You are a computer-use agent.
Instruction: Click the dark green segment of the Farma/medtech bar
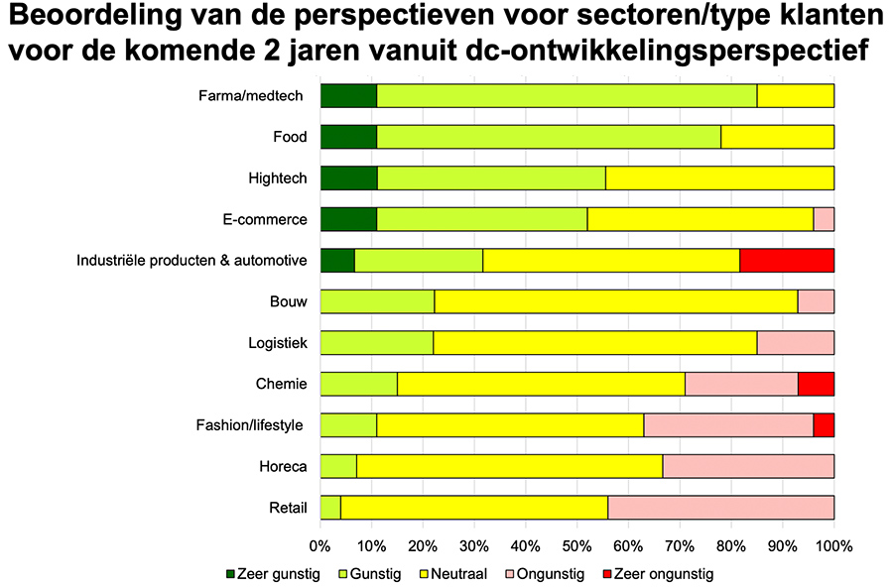click(348, 96)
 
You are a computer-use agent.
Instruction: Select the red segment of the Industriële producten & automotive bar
click(787, 261)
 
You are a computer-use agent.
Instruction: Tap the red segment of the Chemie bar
click(816, 384)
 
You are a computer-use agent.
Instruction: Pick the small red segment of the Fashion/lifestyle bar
click(824, 425)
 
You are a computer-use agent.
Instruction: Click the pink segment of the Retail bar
click(720, 508)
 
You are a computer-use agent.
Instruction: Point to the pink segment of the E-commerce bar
click(824, 219)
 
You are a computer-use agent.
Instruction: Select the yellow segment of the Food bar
click(777, 137)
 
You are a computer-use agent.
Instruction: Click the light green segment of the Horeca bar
click(338, 466)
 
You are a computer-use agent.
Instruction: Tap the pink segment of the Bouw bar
click(816, 301)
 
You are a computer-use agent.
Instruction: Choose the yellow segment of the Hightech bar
click(719, 178)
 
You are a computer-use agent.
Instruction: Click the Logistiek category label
click(278, 343)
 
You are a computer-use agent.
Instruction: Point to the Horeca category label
click(284, 466)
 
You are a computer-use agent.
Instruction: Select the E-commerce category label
click(266, 219)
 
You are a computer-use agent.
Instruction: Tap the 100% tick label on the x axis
click(832, 545)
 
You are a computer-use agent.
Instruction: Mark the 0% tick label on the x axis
click(319, 545)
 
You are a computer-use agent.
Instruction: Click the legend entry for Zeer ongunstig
click(657, 573)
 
